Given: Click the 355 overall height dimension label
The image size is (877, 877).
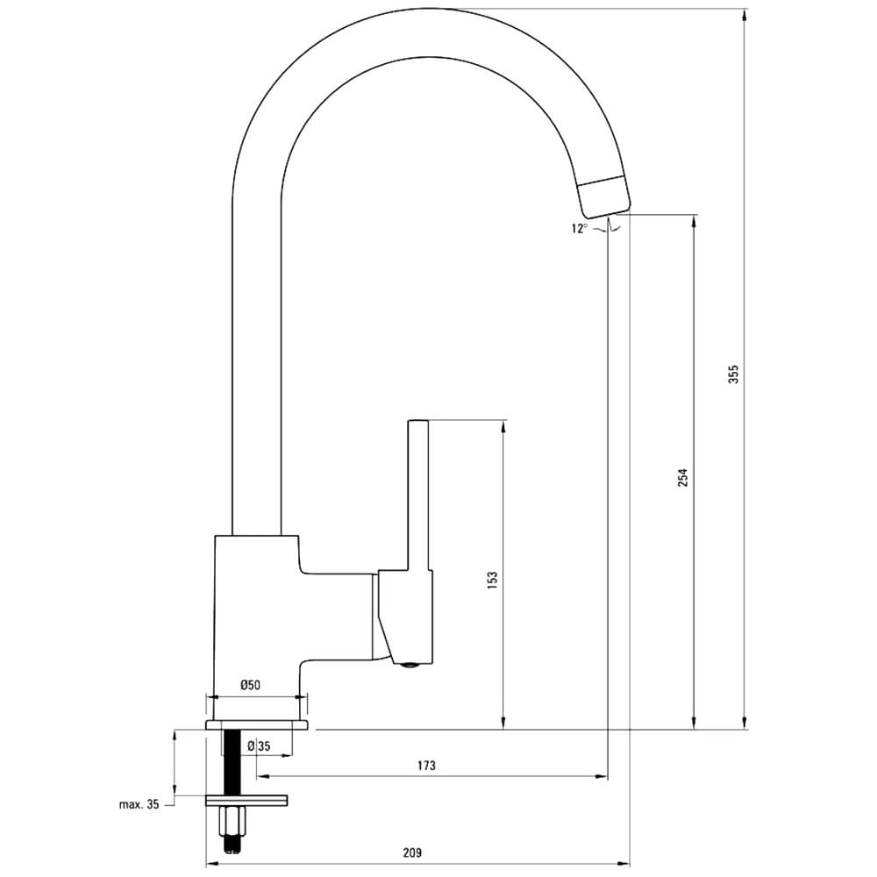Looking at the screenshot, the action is [x=733, y=374].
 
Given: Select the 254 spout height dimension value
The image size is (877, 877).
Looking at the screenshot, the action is [x=683, y=477].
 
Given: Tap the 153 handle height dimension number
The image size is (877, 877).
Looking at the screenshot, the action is [x=492, y=581].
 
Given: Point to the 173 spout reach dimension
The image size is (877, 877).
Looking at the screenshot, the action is [x=426, y=765].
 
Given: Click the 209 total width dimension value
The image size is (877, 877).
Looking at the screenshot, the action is [x=412, y=853].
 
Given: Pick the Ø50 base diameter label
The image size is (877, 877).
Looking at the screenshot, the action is [x=250, y=685].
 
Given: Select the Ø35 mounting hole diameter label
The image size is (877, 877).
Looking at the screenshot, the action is [x=259, y=746].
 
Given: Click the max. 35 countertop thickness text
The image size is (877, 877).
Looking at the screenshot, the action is [x=139, y=804].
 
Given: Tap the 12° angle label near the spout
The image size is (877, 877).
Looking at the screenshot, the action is [x=580, y=228].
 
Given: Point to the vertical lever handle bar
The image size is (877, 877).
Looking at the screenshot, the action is [x=418, y=495].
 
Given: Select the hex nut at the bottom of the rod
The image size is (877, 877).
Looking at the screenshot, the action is [x=232, y=821].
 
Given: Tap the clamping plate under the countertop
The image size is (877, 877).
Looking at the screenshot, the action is [x=246, y=801].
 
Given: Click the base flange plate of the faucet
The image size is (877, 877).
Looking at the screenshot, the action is [x=257, y=725].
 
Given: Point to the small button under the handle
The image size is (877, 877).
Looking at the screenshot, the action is [x=411, y=665].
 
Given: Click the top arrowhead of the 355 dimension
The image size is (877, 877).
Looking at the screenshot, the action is [x=745, y=16].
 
